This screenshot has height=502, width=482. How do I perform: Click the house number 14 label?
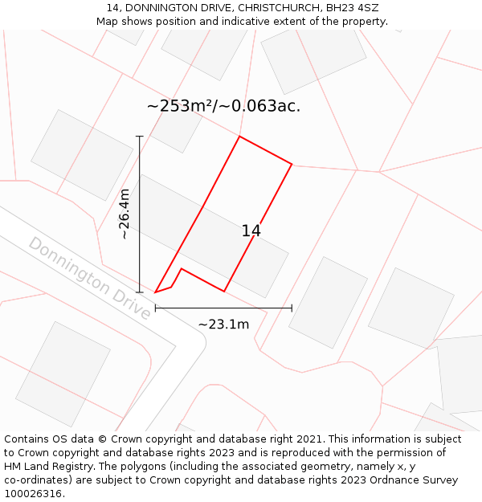tap(251, 231)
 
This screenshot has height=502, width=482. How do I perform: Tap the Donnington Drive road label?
tap(89, 278)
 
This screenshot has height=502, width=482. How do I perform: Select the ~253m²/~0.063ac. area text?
tap(223, 106)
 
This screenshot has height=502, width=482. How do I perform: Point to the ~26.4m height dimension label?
tap(125, 214)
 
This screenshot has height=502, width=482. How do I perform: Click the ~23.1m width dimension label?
tap(223, 324)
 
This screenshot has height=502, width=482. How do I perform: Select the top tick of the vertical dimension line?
tap(140, 137)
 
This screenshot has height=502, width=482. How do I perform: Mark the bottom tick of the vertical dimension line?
tap(140, 292)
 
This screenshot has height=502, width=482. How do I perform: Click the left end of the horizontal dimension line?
tap(155, 308)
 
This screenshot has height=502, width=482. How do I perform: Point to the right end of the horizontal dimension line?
tap(292, 308)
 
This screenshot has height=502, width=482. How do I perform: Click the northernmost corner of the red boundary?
tap(239, 137)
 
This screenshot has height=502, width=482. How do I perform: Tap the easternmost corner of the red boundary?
tap(292, 165)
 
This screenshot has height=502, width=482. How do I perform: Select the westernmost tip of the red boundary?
tap(155, 292)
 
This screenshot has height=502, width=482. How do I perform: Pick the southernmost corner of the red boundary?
tap(224, 292)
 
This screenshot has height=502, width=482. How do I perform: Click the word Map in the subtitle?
tap(108, 21)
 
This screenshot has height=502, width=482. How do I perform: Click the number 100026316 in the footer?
tap(33, 494)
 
